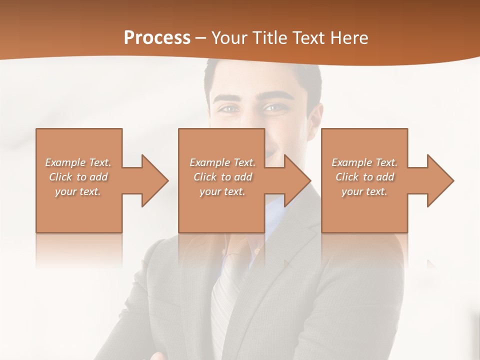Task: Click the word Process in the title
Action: click(x=157, y=38)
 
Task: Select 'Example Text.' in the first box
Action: click(x=78, y=162)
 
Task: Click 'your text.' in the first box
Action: click(x=78, y=191)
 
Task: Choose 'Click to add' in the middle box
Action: click(x=222, y=177)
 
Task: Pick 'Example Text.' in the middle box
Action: click(x=222, y=162)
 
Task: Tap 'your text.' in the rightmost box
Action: click(x=364, y=191)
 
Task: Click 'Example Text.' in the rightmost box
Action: click(x=364, y=162)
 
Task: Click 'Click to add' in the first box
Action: click(x=78, y=177)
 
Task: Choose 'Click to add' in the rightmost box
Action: click(x=364, y=177)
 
